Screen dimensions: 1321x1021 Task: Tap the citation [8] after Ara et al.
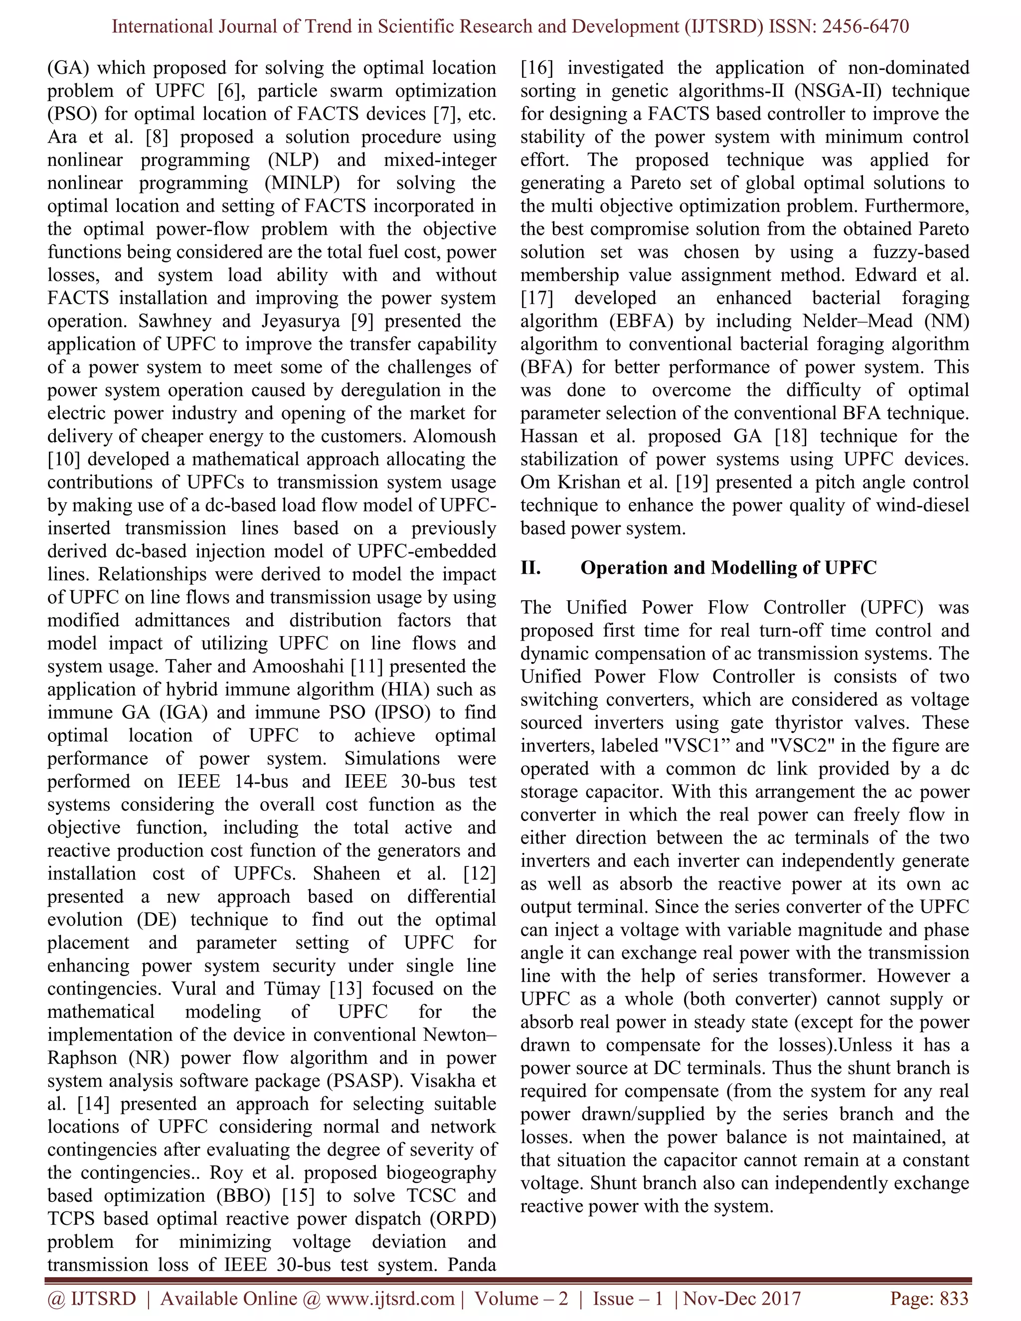coord(157,137)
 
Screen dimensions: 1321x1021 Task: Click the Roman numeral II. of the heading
coord(530,567)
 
